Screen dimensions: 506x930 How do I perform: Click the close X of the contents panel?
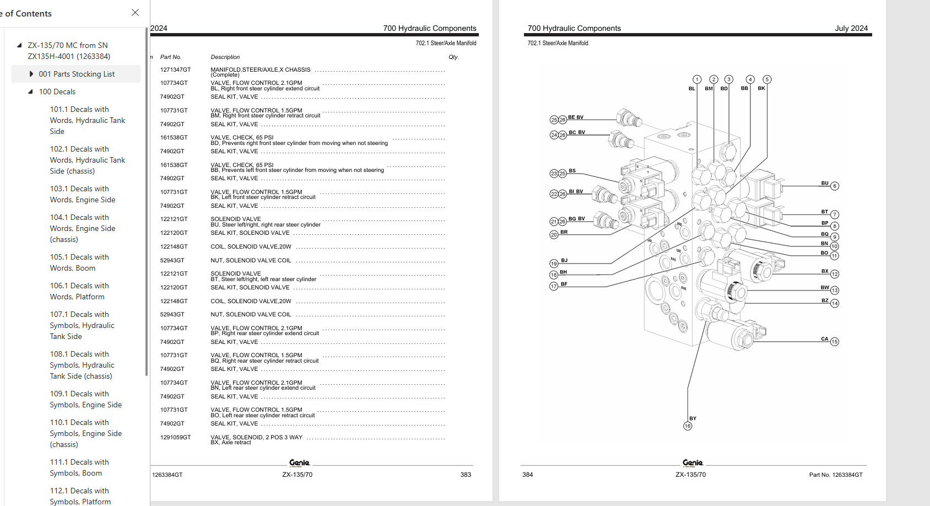pos(135,12)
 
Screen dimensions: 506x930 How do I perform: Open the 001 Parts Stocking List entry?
pos(77,74)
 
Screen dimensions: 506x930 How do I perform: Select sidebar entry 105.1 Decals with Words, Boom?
pos(79,262)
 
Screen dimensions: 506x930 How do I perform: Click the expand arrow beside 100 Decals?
pos(30,91)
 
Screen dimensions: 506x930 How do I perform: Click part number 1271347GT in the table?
pos(175,70)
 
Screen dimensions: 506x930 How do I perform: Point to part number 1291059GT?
pos(175,437)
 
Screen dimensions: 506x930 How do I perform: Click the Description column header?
pos(225,57)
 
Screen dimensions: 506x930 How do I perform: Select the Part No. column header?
pos(170,57)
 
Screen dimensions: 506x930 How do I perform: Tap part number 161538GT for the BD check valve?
pos(174,138)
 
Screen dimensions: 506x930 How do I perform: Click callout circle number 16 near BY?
pos(688,426)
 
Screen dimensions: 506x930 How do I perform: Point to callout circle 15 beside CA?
pos(835,342)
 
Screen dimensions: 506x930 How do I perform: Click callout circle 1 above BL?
pos(697,79)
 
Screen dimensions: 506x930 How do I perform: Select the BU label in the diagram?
pos(825,183)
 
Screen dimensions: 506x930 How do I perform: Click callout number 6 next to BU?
pos(835,186)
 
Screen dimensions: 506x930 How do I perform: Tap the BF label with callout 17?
pos(564,284)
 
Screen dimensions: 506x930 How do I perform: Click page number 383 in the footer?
pos(466,475)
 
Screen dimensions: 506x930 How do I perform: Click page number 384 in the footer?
pos(527,475)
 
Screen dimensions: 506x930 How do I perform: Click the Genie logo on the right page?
pos(693,463)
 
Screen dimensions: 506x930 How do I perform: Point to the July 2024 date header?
pos(851,28)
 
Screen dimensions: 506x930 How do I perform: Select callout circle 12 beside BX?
pos(835,274)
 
